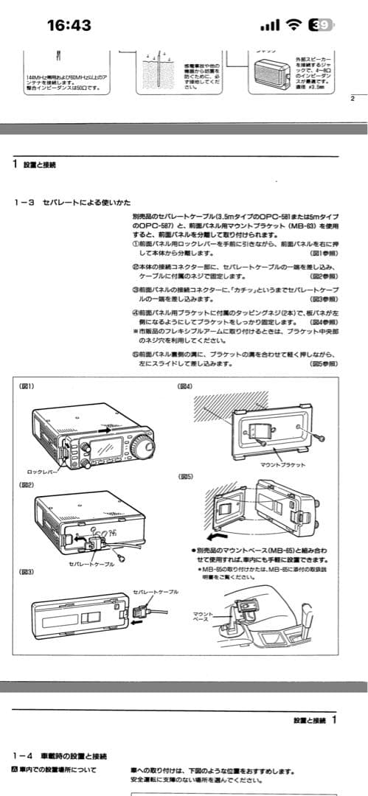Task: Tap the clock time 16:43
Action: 69,26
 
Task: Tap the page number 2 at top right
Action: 353,98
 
